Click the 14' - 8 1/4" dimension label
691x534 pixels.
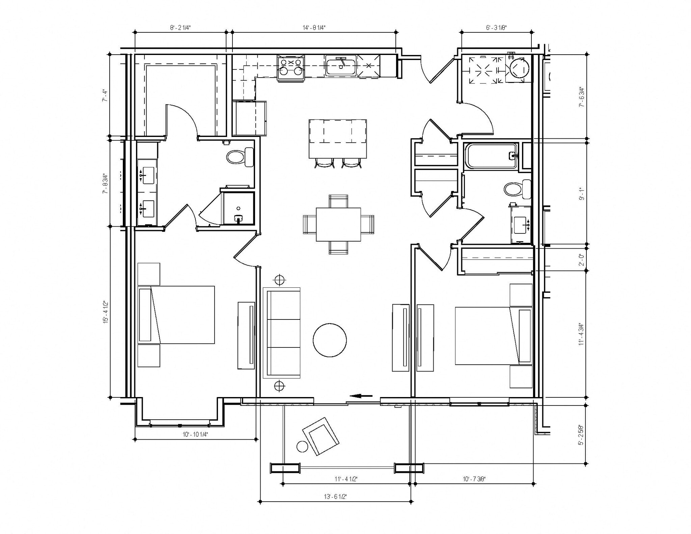[314, 28]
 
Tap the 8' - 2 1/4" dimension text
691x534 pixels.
[180, 28]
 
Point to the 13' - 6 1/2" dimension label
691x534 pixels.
[335, 496]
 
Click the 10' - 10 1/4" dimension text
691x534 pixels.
[195, 434]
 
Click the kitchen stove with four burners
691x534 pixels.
[291, 67]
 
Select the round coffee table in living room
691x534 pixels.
[330, 340]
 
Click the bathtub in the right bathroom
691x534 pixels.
[491, 156]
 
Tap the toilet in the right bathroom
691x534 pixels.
[517, 189]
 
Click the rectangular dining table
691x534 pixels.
[338, 224]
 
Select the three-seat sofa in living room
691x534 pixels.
[282, 333]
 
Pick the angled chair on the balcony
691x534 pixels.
[320, 436]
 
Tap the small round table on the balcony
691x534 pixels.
[302, 447]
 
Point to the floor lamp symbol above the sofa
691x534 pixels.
[279, 280]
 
